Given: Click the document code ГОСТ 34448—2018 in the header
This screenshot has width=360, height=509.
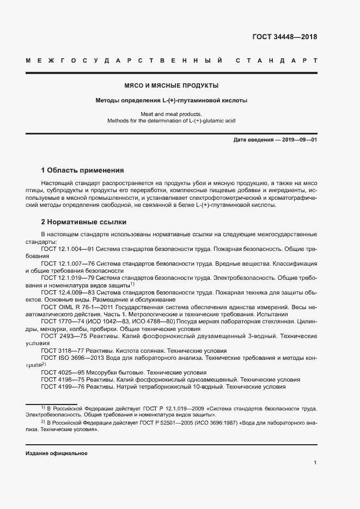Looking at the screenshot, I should click(x=285, y=38).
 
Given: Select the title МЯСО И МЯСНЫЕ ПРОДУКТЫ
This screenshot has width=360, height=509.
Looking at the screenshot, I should click(x=172, y=86).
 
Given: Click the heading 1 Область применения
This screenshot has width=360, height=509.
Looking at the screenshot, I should click(x=83, y=170).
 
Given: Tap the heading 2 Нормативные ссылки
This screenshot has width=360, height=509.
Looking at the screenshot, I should click(x=84, y=222).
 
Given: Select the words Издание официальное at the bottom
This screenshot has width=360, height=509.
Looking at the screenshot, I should click(x=57, y=453).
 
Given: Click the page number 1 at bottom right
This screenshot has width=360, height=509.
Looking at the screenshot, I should click(x=315, y=463).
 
